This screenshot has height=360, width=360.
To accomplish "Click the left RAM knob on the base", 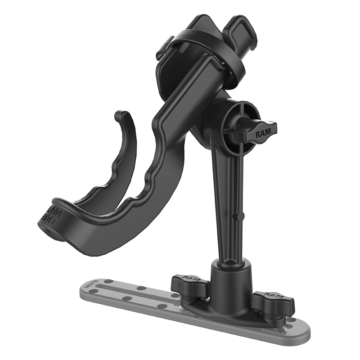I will pos(189,284).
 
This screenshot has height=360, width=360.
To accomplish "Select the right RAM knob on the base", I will pos(273,303).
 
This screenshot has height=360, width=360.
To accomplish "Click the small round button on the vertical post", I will pos(236,217).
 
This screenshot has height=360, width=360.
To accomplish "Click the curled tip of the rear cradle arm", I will pos(121,116).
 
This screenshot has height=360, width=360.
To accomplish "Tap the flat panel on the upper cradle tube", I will pos(193,90).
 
